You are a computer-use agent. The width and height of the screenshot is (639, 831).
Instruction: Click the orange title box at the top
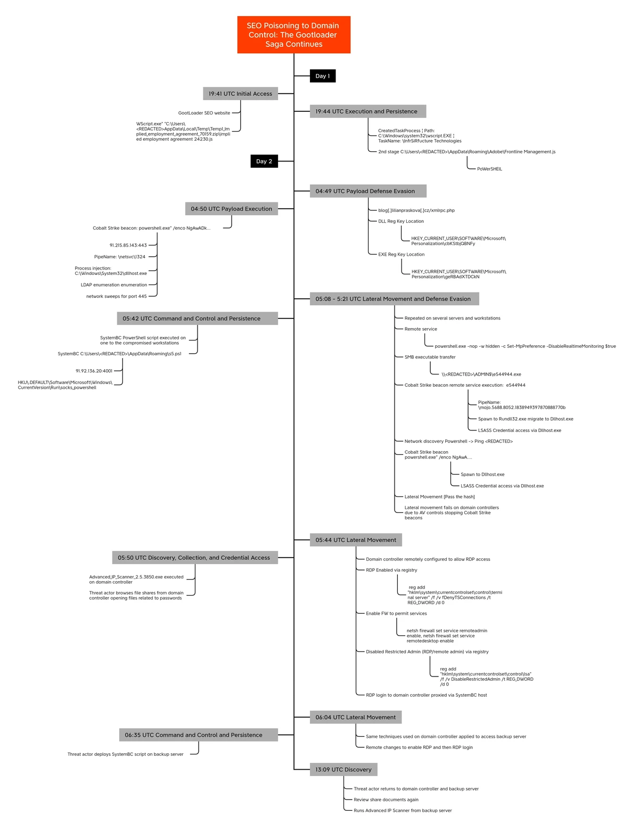(x=293, y=35)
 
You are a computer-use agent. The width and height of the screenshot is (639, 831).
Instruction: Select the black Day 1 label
(x=322, y=76)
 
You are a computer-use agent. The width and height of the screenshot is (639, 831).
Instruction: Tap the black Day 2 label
(x=264, y=161)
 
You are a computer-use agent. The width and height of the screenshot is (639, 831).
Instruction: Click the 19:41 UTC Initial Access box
(x=240, y=94)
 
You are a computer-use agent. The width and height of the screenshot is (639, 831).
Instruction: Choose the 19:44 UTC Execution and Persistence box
(x=367, y=111)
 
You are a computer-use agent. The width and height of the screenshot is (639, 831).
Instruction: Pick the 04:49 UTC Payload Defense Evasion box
(x=367, y=191)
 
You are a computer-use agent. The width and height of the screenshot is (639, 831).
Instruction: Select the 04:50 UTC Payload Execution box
(x=231, y=209)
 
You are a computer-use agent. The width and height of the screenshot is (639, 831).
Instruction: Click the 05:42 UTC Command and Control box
(x=197, y=319)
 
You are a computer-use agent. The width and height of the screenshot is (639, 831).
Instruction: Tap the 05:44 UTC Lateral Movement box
(x=356, y=540)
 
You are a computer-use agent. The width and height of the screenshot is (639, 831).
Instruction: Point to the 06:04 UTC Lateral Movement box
(x=355, y=718)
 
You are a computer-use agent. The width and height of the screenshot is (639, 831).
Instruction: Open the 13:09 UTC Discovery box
(x=343, y=770)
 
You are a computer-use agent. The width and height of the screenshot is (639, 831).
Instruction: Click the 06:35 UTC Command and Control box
(x=198, y=735)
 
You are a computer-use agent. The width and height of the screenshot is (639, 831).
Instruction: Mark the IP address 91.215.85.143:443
(x=128, y=246)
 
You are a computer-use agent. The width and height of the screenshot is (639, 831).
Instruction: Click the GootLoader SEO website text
(x=204, y=113)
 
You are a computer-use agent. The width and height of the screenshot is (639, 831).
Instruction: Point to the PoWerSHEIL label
(x=489, y=169)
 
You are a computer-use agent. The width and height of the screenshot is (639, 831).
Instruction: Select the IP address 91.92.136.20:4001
(x=94, y=371)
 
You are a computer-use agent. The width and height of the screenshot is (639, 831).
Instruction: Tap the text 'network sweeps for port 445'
(x=116, y=297)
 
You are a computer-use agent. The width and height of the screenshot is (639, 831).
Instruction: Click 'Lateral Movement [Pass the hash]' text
(x=439, y=497)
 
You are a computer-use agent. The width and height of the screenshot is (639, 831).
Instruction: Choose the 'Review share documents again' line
(x=386, y=800)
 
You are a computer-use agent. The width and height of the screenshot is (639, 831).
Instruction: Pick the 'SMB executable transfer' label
(x=430, y=357)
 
